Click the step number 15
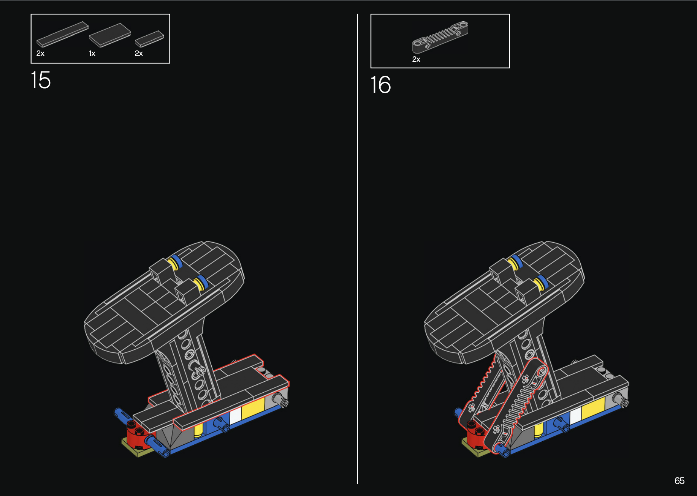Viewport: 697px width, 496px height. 40,80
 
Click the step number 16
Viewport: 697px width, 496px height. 380,85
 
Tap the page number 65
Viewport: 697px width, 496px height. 679,481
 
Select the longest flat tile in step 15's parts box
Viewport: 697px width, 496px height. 62,34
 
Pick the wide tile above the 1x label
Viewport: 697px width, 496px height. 110,35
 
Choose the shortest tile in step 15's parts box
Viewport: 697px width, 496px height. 149,39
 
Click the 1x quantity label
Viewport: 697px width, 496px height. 92,54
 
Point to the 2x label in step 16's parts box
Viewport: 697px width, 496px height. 416,59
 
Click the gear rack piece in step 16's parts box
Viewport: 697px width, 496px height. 440,37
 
